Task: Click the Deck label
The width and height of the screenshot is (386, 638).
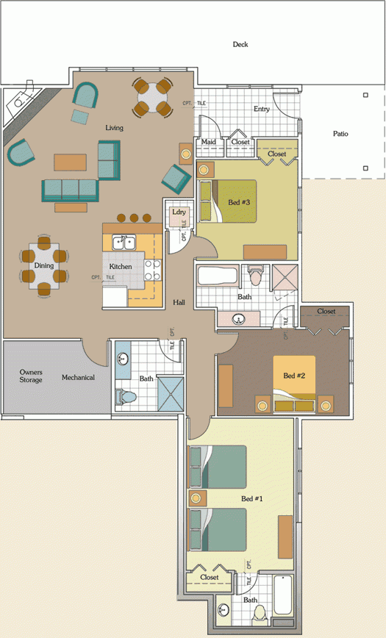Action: pyautogui.click(x=240, y=45)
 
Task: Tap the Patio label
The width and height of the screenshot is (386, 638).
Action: pyautogui.click(x=340, y=134)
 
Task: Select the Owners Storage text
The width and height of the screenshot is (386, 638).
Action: pyautogui.click(x=31, y=376)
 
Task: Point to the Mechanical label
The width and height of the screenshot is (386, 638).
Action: pyautogui.click(x=78, y=378)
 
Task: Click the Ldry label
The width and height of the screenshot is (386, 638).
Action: pyautogui.click(x=178, y=212)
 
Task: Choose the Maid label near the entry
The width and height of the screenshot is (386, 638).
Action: pyautogui.click(x=209, y=142)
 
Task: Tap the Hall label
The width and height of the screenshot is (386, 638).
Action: pyautogui.click(x=179, y=302)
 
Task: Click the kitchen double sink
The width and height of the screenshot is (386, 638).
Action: pyautogui.click(x=123, y=243)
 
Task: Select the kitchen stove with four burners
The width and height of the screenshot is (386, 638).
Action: pyautogui.click(x=153, y=270)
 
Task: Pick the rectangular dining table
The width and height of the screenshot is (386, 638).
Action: pyautogui.click(x=43, y=267)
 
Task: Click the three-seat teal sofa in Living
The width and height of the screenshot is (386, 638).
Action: pyautogui.click(x=70, y=190)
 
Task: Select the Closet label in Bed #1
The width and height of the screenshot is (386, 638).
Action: pyautogui.click(x=210, y=577)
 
